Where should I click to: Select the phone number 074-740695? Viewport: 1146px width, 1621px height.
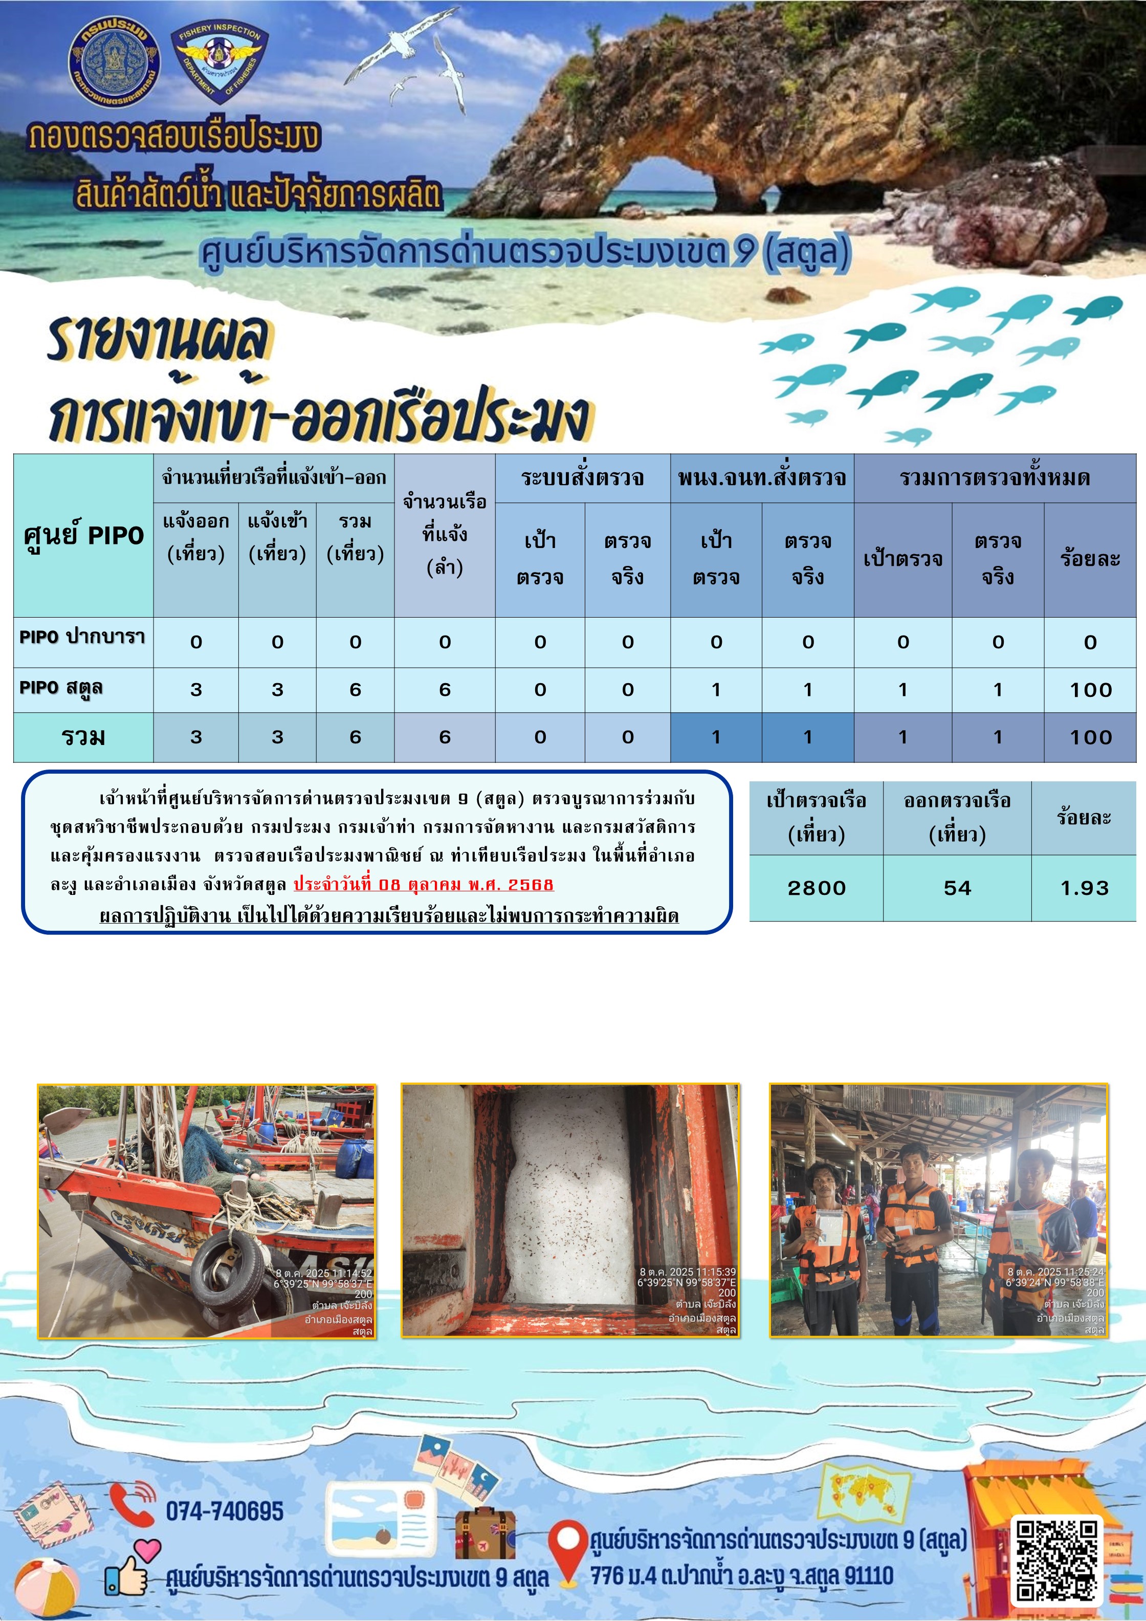tap(225, 1511)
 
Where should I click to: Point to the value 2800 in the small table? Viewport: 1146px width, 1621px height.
tap(816, 887)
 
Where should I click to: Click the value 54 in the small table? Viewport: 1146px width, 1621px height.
tap(957, 887)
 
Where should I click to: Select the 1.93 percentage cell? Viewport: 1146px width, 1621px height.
tap(1084, 887)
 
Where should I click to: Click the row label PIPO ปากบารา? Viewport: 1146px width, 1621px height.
tap(82, 637)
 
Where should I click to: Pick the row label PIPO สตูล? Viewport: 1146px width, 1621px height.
tap(61, 688)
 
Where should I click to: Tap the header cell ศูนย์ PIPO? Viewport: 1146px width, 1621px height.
tap(83, 535)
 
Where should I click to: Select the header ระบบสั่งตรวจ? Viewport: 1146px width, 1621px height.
tap(583, 478)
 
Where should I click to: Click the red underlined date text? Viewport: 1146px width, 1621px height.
tap(423, 884)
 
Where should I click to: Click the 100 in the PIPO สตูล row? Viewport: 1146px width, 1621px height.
tap(1090, 690)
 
